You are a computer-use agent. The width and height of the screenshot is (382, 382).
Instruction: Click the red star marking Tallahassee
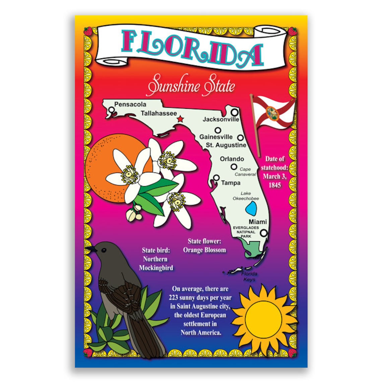[x=180, y=119]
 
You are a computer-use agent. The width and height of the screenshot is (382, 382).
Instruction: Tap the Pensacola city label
[x=130, y=104]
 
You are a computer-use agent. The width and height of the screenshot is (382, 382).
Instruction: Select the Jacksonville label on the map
[x=221, y=119]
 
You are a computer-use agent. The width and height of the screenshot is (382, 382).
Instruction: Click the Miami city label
[x=258, y=222]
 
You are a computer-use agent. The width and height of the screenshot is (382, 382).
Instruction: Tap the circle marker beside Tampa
[x=216, y=178]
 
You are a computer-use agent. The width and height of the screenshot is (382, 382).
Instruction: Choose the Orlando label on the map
[x=232, y=159]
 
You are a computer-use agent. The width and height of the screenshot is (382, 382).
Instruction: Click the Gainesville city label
[x=216, y=137]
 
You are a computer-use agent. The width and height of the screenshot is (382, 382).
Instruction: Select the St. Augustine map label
[x=226, y=145]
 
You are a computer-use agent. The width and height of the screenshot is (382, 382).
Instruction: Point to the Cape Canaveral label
[x=245, y=172]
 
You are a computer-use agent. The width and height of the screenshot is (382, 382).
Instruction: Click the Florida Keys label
[x=249, y=276]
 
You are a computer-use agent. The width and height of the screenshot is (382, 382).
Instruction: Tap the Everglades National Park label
[x=246, y=232]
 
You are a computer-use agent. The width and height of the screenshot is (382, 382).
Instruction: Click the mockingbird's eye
[x=104, y=250]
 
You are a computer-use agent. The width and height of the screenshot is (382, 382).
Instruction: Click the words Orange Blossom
[x=204, y=250]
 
